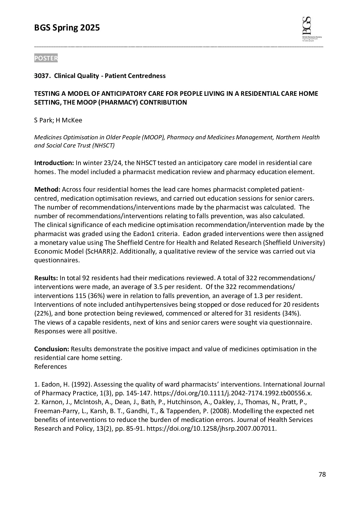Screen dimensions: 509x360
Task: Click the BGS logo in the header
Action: coord(311,29)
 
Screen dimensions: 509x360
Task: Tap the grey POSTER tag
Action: coord(46,58)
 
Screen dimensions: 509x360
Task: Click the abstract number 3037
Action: coord(42,76)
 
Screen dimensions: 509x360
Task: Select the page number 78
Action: coord(322,474)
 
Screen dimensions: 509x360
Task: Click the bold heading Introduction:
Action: coord(54,163)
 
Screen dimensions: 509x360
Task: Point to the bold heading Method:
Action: coord(47,190)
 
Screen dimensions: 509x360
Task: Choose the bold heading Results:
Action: coord(46,278)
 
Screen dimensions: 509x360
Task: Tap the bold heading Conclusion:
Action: coord(52,349)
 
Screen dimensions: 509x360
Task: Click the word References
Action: coord(51,366)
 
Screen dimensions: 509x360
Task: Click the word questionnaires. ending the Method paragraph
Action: coord(57,260)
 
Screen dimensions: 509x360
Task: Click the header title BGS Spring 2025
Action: coord(67,28)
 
